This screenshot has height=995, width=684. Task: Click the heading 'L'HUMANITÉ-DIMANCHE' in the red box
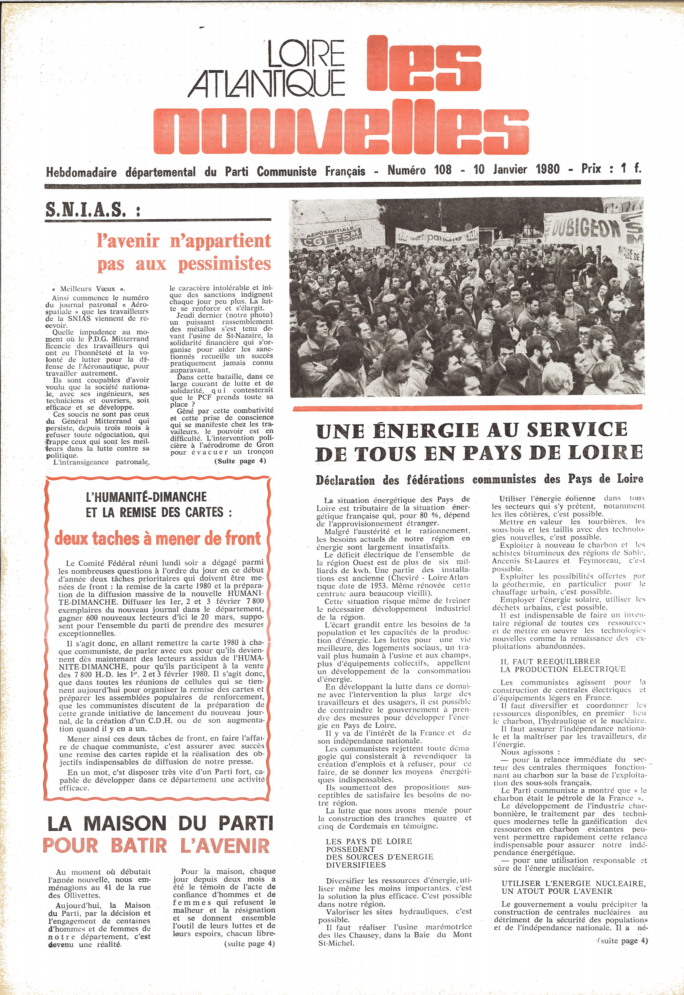coord(147,497)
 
